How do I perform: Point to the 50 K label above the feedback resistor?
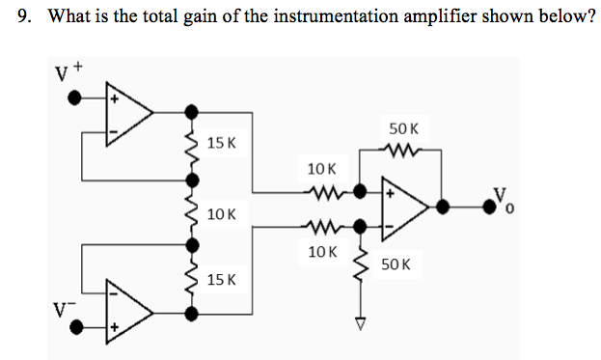(x=404, y=128)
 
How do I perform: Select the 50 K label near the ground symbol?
(x=396, y=263)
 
